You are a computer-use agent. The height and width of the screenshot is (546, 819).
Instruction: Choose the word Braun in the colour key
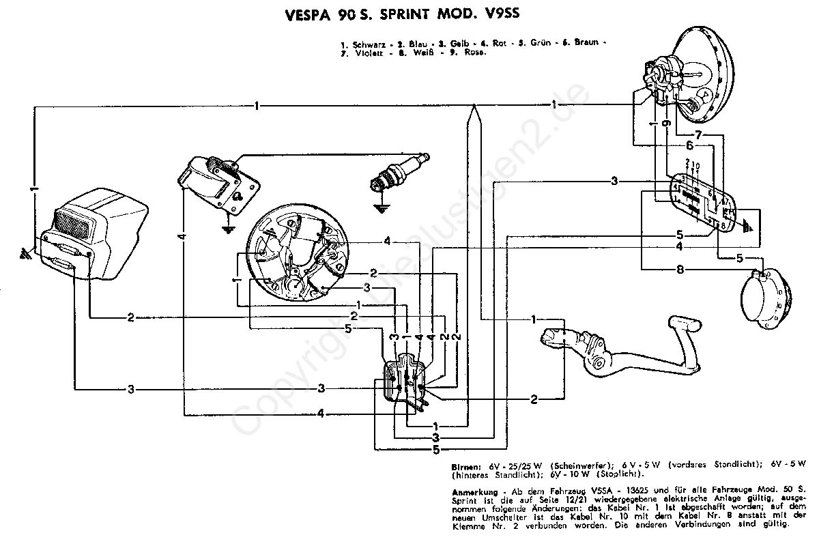(x=584, y=43)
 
